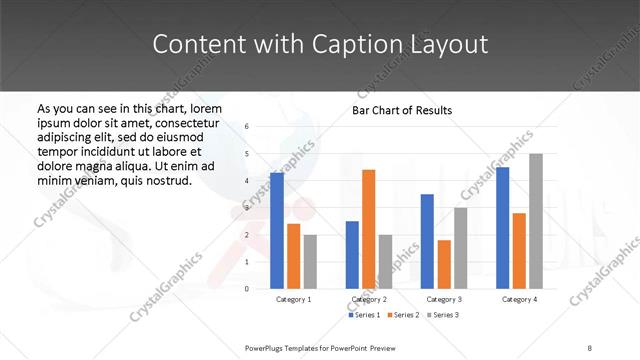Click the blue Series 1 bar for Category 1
click(276, 231)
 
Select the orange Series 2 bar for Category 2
click(368, 229)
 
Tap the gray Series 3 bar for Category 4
click(536, 221)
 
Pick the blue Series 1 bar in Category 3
click(427, 241)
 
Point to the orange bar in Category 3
click(444, 264)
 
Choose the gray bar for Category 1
click(310, 262)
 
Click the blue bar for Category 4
click(502, 228)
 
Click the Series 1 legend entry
click(364, 315)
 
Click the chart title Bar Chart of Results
click(402, 110)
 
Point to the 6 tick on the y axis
click(247, 127)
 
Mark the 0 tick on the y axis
click(247, 289)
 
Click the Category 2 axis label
click(368, 299)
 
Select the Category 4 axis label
click(519, 299)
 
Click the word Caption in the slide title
click(357, 45)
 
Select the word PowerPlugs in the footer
click(267, 347)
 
